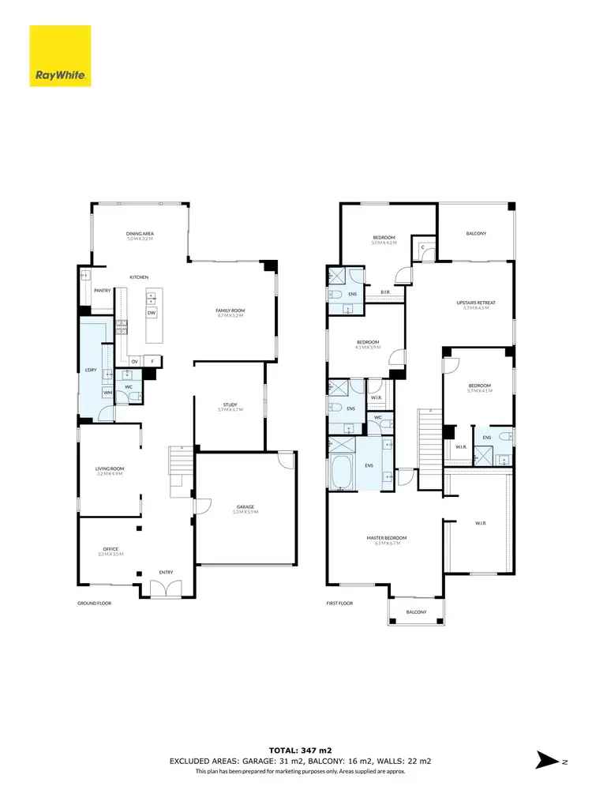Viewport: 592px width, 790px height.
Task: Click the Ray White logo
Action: (60, 56)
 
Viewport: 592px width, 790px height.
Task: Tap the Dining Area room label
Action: (140, 235)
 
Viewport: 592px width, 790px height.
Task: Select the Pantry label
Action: (102, 291)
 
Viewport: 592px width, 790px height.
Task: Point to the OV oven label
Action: (135, 361)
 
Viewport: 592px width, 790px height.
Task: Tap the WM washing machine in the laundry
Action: (107, 393)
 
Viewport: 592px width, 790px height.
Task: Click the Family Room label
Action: (230, 313)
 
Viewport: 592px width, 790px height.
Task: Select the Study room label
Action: (230, 408)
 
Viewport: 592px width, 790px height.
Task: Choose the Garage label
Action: (246, 509)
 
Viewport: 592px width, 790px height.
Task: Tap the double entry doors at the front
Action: (166, 589)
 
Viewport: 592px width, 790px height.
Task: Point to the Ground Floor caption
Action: (94, 603)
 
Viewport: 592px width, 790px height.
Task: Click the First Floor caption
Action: (340, 603)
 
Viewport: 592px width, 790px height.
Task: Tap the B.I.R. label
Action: (386, 292)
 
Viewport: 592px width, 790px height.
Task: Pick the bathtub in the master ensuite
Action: (343, 473)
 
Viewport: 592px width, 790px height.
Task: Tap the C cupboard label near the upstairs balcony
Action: (424, 247)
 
